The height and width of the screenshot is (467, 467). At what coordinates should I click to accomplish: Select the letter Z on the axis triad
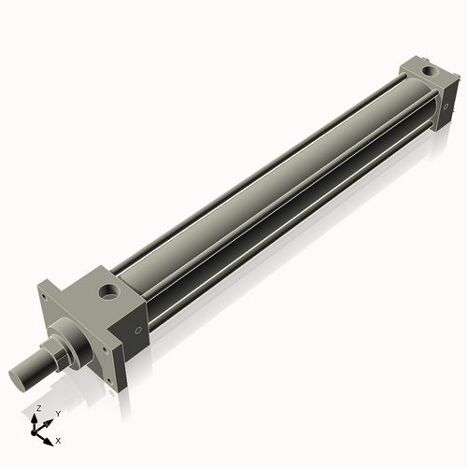(37, 409)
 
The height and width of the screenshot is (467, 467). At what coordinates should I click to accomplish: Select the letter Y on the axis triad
(58, 413)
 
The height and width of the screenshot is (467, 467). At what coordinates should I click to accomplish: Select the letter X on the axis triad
(59, 439)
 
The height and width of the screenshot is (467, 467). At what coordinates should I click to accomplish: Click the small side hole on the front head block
(139, 329)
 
